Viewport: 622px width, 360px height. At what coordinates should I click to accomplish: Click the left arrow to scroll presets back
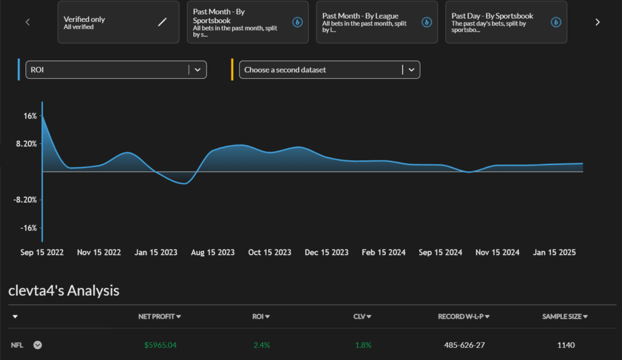tap(27, 22)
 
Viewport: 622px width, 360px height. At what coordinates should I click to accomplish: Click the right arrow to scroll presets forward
tap(597, 22)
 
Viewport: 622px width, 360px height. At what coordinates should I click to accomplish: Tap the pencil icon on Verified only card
tap(162, 22)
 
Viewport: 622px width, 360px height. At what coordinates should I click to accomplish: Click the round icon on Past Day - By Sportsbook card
tap(556, 22)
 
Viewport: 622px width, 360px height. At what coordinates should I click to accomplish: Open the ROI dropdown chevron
tap(197, 70)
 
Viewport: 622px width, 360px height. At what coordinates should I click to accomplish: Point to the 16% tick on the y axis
tap(30, 116)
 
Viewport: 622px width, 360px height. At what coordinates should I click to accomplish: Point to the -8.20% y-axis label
tap(26, 200)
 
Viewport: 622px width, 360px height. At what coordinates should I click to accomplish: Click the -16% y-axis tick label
tap(29, 228)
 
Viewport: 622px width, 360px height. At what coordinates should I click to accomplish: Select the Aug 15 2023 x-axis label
tap(213, 253)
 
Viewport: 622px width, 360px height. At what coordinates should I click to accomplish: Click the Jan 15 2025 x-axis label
tap(555, 253)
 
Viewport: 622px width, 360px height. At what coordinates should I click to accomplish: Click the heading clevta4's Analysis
tap(64, 291)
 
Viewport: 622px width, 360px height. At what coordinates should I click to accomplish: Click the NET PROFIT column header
tap(159, 316)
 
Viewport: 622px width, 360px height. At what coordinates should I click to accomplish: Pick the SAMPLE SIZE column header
tap(565, 316)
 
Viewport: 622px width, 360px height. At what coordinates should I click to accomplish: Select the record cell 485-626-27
tap(465, 345)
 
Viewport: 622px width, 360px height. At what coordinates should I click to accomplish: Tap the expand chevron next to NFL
tap(38, 345)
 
